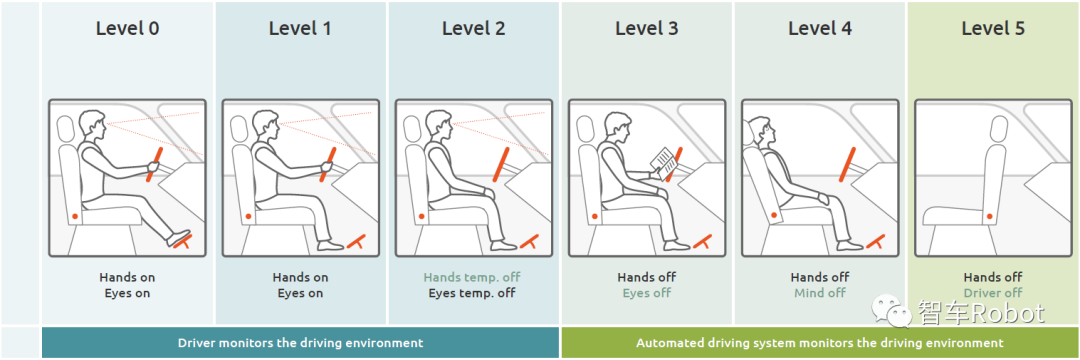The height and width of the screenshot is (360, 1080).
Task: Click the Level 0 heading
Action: pos(127,28)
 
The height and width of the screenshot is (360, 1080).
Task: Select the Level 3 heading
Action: pos(647,28)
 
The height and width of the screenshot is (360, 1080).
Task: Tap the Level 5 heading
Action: pos(993,28)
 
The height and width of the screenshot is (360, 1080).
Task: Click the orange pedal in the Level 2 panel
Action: pos(528,240)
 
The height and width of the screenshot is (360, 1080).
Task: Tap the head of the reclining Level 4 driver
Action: pos(758,128)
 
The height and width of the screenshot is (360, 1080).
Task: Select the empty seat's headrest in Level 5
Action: pos(999,128)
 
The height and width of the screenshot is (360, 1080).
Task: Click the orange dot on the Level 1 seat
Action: pos(248,217)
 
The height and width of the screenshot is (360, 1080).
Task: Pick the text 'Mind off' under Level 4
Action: pos(820,293)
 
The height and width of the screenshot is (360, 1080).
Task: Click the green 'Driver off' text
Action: pos(993,293)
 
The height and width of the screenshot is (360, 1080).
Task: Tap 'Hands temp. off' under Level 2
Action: pos(472,277)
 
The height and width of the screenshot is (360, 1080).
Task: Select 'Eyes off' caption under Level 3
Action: pos(647,293)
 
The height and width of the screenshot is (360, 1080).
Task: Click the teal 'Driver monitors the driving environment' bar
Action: pos(300,342)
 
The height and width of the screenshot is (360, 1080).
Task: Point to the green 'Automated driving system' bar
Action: pos(820,342)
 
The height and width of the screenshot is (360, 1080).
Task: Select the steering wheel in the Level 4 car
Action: pos(848,164)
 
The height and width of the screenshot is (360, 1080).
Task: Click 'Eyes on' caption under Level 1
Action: pos(300,293)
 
